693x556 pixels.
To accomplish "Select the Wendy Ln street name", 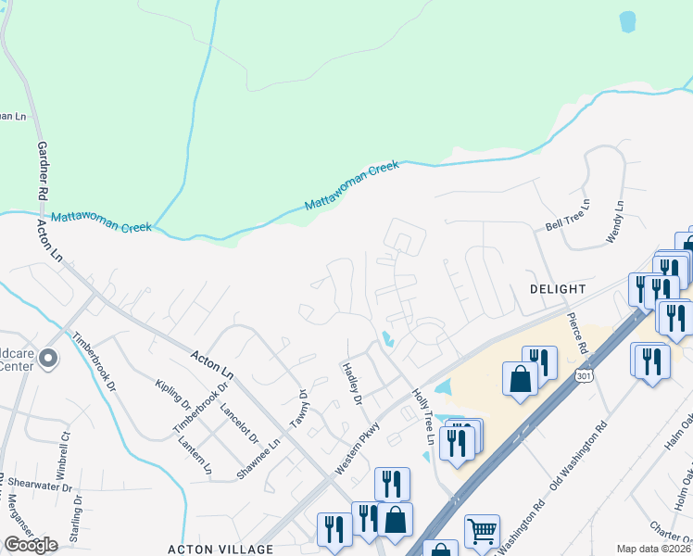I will point(615,222).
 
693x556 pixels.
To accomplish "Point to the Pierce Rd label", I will point(575,335).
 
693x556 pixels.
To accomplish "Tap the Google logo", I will point(31,545).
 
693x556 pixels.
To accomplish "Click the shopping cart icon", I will point(482,531).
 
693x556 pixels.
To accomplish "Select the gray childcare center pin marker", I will point(49,358).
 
